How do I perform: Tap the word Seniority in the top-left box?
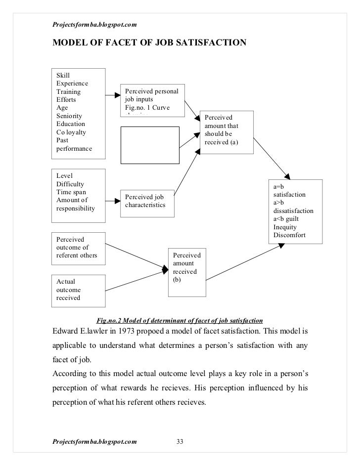pyautogui.click(x=69, y=116)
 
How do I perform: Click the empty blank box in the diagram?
pyautogui.click(x=150, y=145)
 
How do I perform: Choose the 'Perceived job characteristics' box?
pyautogui.click(x=147, y=200)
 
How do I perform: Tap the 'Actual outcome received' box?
pyautogui.click(x=79, y=290)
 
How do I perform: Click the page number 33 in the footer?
pyautogui.click(x=180, y=441)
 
